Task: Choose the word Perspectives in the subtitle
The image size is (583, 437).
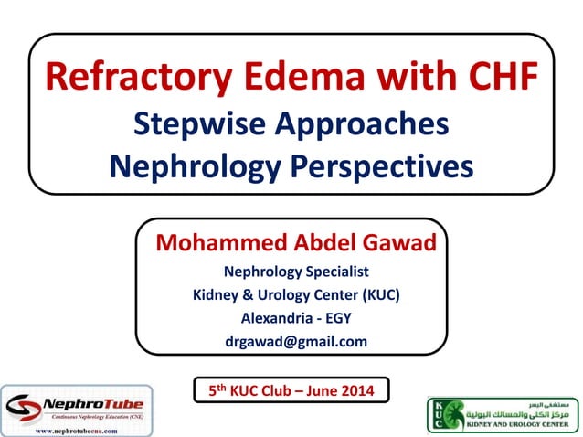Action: (376, 166)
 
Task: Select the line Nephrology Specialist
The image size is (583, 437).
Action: (296, 272)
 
